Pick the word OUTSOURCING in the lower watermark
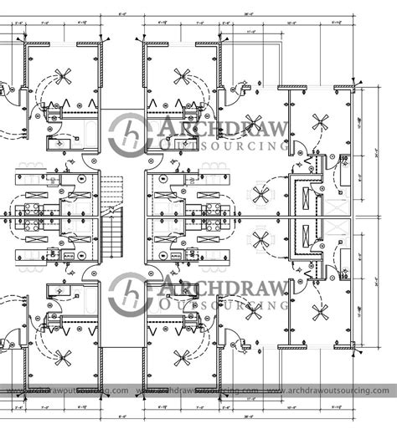point(221,308)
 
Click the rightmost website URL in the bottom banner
point(332,390)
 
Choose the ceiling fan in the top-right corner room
point(319,122)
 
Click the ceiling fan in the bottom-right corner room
point(319,312)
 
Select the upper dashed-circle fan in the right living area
point(261,194)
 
